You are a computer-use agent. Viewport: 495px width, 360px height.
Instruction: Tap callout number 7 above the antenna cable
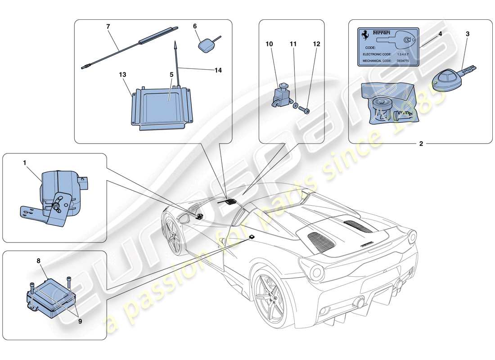click(108, 27)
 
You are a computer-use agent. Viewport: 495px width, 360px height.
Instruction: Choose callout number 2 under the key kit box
click(421, 144)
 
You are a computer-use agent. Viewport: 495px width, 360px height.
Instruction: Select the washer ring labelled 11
click(295, 106)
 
